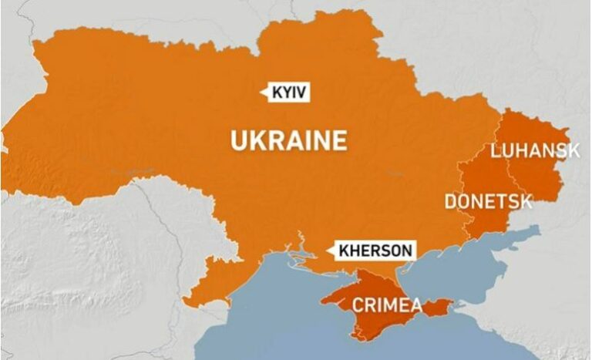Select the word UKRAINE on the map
288,141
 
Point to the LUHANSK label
534,150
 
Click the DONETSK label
488,202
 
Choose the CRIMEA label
387,305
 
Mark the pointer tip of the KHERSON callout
329,251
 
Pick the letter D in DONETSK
450,202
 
